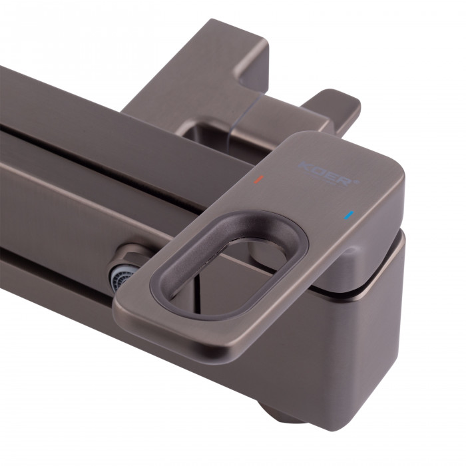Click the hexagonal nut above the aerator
128,256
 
